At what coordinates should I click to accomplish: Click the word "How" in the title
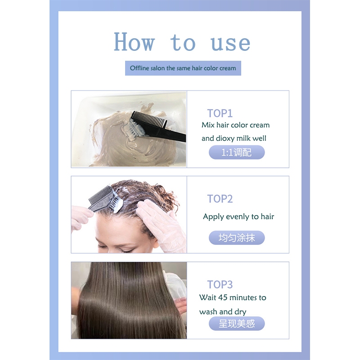pos(134,42)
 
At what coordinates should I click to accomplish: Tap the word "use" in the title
pos(230,43)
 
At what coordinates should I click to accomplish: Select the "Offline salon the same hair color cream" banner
pos(183,68)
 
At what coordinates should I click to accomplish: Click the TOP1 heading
pos(220,113)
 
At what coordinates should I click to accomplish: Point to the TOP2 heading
pos(220,199)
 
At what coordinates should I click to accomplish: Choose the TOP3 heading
pos(220,284)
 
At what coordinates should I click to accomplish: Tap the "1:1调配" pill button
pos(237,152)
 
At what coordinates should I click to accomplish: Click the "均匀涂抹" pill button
pos(237,238)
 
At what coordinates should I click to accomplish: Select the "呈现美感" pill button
pos(237,324)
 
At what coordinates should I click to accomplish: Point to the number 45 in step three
pos(223,297)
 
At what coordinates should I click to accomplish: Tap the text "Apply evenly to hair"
pos(238,217)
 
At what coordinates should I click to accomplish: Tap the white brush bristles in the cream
pos(136,129)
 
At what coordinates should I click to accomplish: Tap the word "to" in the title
pos(183,43)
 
